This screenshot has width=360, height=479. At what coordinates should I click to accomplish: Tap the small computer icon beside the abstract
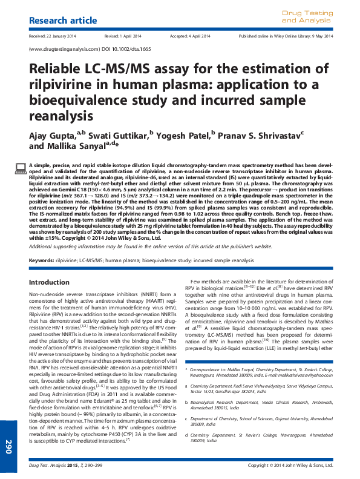coord(21,167)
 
